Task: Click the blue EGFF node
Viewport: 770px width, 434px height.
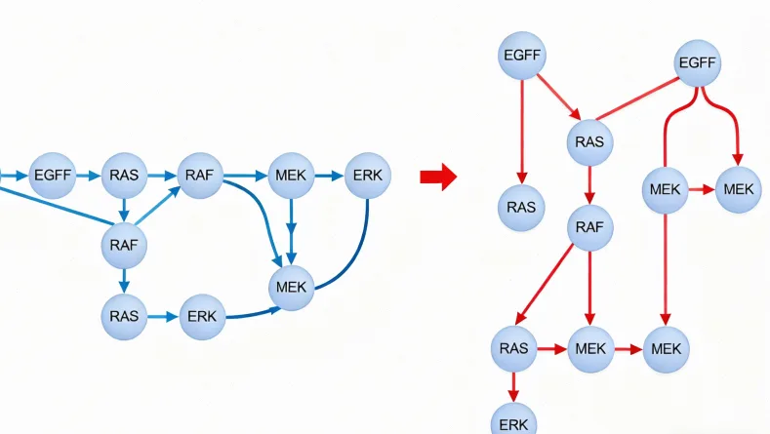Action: (x=52, y=177)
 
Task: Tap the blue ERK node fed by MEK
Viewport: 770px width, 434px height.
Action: (x=367, y=177)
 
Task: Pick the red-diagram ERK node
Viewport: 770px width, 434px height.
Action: (x=513, y=423)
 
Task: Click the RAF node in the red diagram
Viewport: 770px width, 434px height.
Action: (x=589, y=228)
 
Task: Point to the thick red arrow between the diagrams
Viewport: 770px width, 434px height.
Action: (x=438, y=177)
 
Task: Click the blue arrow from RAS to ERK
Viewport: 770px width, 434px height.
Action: (x=163, y=316)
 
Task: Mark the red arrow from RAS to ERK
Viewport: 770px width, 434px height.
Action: (x=513, y=385)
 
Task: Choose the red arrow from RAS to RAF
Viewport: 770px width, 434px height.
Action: (x=589, y=184)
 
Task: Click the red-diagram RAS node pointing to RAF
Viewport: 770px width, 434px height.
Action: (x=589, y=142)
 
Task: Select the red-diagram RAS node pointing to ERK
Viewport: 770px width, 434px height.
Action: (x=513, y=348)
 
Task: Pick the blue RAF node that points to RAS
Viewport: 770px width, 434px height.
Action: (x=124, y=245)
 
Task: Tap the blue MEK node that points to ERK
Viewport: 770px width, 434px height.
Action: (x=291, y=177)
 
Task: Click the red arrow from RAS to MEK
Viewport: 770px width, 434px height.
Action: (x=551, y=348)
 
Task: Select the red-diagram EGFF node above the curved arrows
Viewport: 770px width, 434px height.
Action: (x=698, y=64)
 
